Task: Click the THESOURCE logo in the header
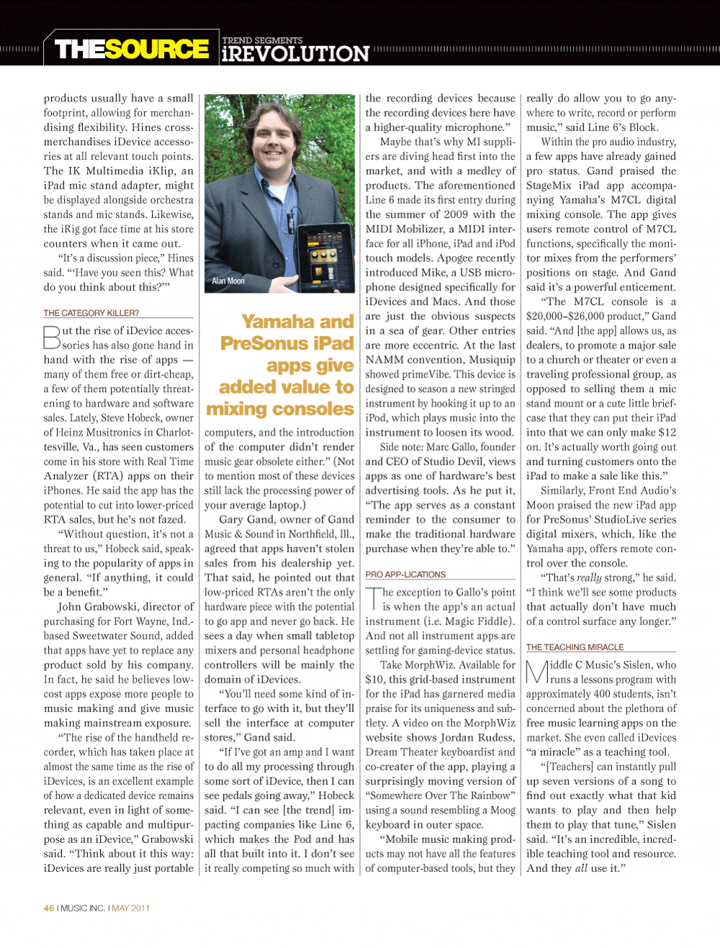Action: tap(132, 49)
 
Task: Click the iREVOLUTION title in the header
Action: tap(295, 54)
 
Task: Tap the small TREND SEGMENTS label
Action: tap(262, 40)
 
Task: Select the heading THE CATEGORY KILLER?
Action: tap(91, 313)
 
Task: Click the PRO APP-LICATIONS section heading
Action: tap(405, 574)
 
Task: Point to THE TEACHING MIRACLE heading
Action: tap(575, 647)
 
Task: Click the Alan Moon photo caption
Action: tap(228, 281)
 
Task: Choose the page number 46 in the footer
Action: tap(49, 908)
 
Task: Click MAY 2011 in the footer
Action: tap(131, 908)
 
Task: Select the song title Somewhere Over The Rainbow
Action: tap(440, 795)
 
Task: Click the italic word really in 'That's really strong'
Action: tap(588, 578)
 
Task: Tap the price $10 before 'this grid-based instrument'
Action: tap(374, 679)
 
